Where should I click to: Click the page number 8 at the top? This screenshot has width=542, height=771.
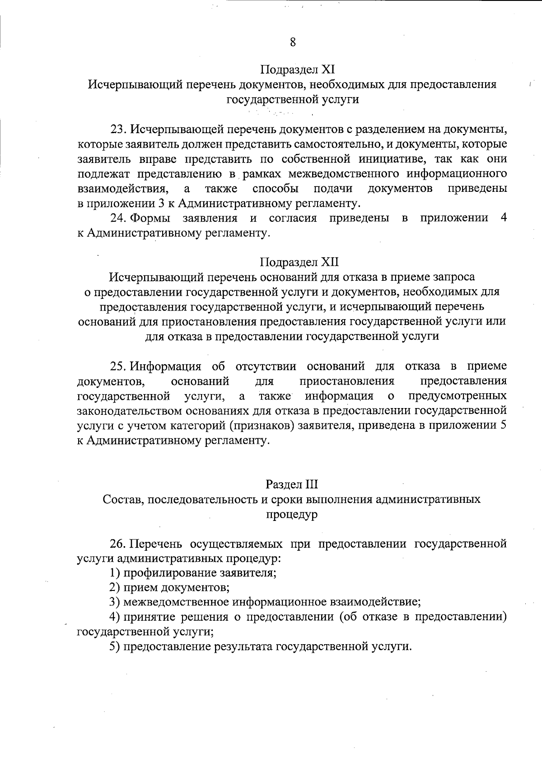pyautogui.click(x=293, y=42)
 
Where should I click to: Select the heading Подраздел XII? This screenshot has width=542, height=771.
pyautogui.click(x=299, y=262)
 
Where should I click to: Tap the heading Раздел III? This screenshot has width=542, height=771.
pyautogui.click(x=292, y=484)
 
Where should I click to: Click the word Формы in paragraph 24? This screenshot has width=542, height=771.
pyautogui.click(x=150, y=218)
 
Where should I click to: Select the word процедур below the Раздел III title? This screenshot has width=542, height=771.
pyautogui.click(x=292, y=515)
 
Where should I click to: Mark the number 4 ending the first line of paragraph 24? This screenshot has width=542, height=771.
pyautogui.click(x=503, y=218)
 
